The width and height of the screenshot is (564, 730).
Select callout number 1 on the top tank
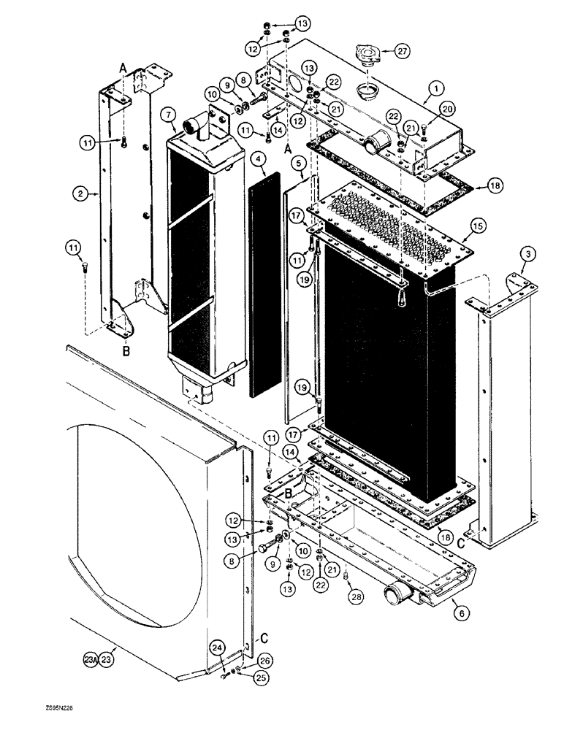(436, 88)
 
